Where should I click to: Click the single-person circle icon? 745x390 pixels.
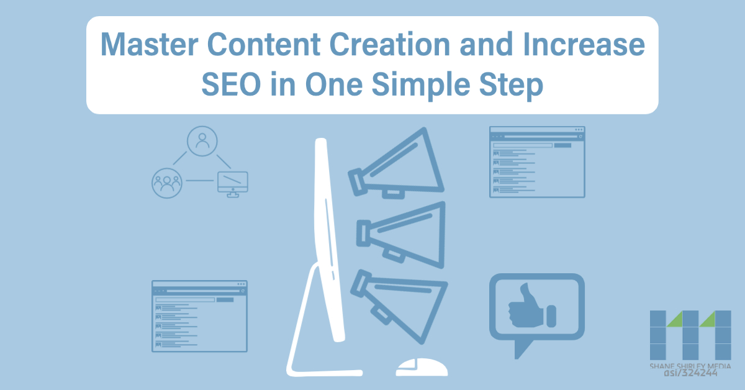tap(202, 142)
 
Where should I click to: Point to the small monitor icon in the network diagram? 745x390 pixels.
tap(232, 183)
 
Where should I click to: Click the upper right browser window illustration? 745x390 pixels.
tap(536, 162)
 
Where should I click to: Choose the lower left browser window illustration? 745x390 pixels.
tap(199, 316)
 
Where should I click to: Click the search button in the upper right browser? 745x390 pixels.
tap(562, 145)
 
